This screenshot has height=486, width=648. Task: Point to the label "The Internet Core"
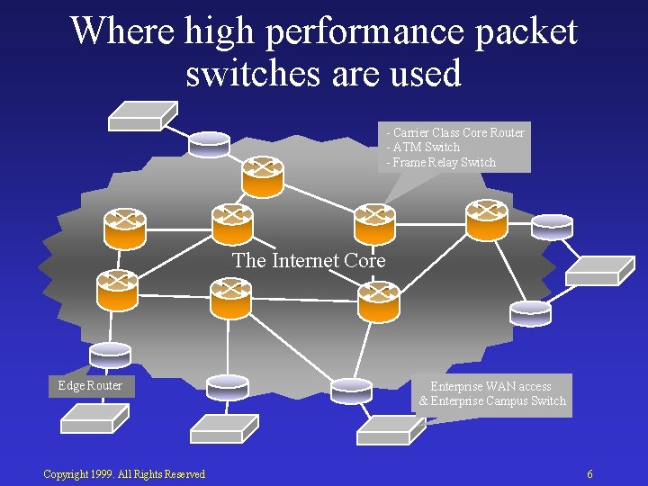309,261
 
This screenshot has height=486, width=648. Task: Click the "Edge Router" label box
90,386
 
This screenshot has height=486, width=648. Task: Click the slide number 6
589,474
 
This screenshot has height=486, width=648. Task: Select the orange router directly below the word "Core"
378,301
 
